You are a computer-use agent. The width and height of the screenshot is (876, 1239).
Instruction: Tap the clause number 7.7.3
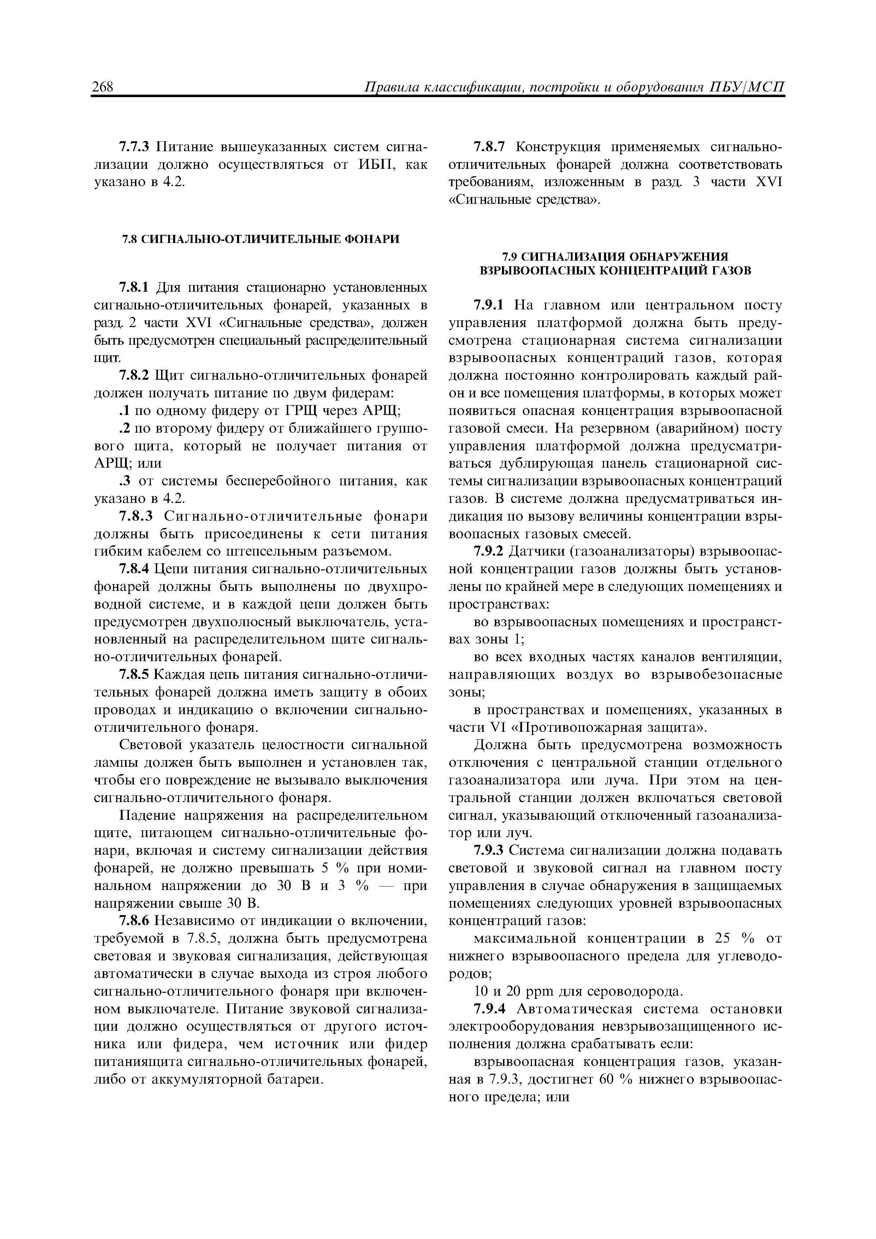coord(136,147)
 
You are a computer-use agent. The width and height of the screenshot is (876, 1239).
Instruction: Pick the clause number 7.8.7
coord(490,147)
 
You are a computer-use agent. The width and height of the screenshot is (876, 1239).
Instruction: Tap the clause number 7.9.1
coord(490,306)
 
